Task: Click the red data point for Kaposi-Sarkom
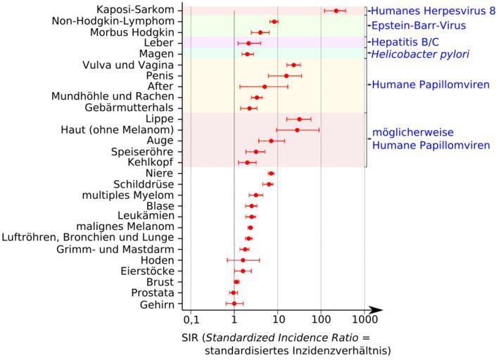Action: point(336,11)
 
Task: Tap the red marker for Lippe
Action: point(299,119)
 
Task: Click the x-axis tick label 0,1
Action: point(191,326)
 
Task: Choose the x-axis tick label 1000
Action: point(364,326)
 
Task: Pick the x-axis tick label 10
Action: point(277,326)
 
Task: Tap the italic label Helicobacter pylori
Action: point(421,53)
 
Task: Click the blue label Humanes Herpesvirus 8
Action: point(428,11)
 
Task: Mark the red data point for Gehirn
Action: point(234,303)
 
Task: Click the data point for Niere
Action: point(271,173)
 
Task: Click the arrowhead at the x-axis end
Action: point(377,309)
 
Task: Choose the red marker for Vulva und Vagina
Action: point(293,65)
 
